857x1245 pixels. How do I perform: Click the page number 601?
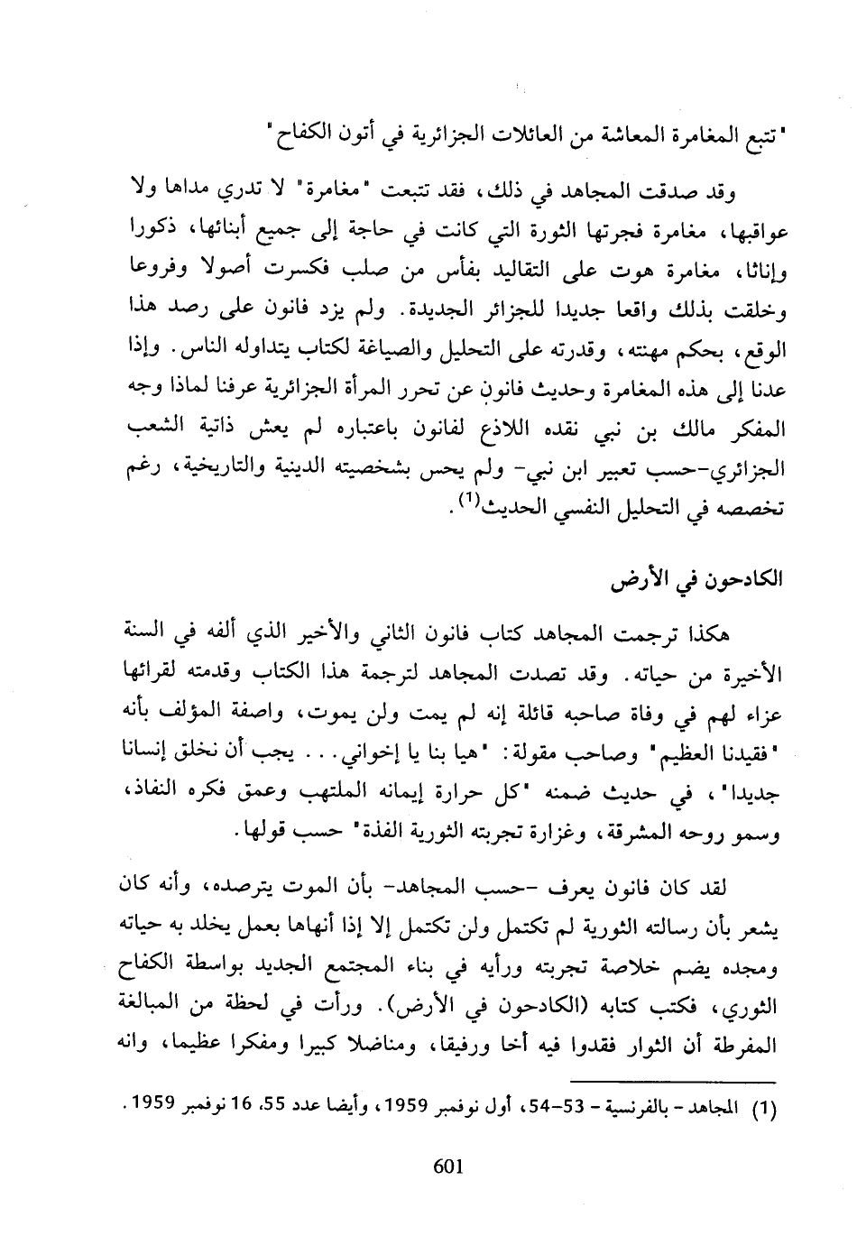point(447,1166)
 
